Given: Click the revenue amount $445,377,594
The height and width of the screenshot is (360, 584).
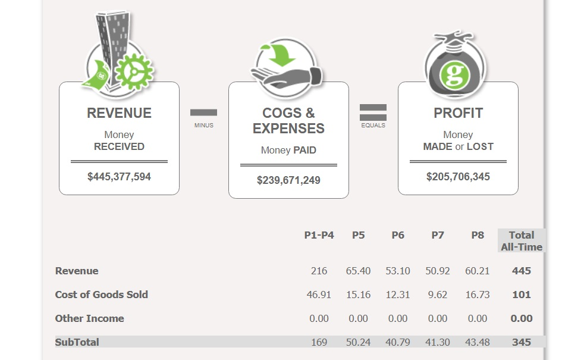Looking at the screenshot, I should click(119, 177).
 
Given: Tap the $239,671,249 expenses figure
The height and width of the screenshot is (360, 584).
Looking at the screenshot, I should click(288, 180).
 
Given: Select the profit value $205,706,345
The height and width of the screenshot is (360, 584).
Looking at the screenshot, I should click(458, 177).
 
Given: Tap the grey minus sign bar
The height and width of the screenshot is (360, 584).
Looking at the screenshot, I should click(203, 112).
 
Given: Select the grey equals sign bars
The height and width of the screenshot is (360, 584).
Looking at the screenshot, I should click(373, 112).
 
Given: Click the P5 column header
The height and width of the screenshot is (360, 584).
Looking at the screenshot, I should click(358, 235).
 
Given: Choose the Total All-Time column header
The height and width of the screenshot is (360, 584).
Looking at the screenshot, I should click(522, 241).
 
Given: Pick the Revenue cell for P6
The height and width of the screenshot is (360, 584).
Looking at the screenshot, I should click(398, 271).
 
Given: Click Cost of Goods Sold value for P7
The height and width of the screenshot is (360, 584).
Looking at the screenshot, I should click(438, 295).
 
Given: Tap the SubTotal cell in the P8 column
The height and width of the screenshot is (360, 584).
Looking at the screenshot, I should click(478, 342).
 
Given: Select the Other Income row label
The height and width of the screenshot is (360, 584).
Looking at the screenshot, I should click(89, 318).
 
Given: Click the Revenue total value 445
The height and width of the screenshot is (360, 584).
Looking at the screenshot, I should click(522, 271).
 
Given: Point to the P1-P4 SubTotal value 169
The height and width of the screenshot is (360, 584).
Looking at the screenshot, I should click(319, 342).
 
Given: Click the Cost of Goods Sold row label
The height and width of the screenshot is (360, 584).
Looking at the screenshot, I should click(101, 295).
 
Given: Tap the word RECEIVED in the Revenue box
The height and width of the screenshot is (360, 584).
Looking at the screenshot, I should click(119, 146).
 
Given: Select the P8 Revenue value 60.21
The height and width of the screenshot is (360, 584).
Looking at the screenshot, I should click(478, 271).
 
